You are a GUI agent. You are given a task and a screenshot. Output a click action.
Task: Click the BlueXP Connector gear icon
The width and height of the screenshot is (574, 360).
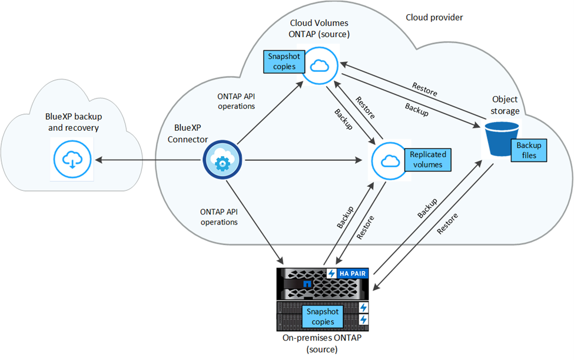pyautogui.click(x=223, y=161)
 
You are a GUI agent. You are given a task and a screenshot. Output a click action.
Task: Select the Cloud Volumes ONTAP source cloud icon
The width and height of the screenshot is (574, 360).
pyautogui.click(x=320, y=65)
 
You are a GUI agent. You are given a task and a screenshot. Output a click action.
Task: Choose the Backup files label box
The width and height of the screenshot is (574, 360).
pyautogui.click(x=528, y=150)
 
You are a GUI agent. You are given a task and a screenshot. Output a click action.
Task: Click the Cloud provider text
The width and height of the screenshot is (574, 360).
pyautogui.click(x=434, y=18)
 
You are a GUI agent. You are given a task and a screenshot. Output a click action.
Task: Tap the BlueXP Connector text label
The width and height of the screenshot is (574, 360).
pyautogui.click(x=187, y=133)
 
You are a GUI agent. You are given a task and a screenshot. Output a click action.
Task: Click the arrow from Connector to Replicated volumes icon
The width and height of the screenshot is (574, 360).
pyautogui.click(x=303, y=160)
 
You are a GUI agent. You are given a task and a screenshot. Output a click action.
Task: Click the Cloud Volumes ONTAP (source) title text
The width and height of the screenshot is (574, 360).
pyautogui.click(x=320, y=28)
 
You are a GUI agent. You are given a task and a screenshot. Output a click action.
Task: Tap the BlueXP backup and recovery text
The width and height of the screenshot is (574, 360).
pyautogui.click(x=72, y=123)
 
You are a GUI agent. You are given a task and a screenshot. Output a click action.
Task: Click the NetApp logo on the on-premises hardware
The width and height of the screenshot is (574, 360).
pyautogui.click(x=306, y=283)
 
